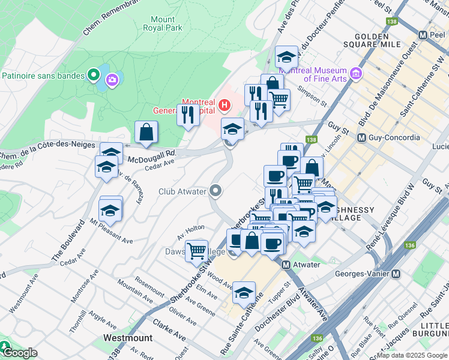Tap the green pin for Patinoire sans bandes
[93, 76]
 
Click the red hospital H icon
[224, 106]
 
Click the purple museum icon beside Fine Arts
[356, 74]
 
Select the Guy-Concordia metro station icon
[362, 138]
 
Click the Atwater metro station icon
[286, 265]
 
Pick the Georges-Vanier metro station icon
[396, 274]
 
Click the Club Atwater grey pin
[217, 191]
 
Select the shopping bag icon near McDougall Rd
[146, 131]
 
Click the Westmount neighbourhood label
[127, 338]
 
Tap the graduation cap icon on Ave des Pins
[287, 57]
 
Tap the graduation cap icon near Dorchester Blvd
[244, 293]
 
